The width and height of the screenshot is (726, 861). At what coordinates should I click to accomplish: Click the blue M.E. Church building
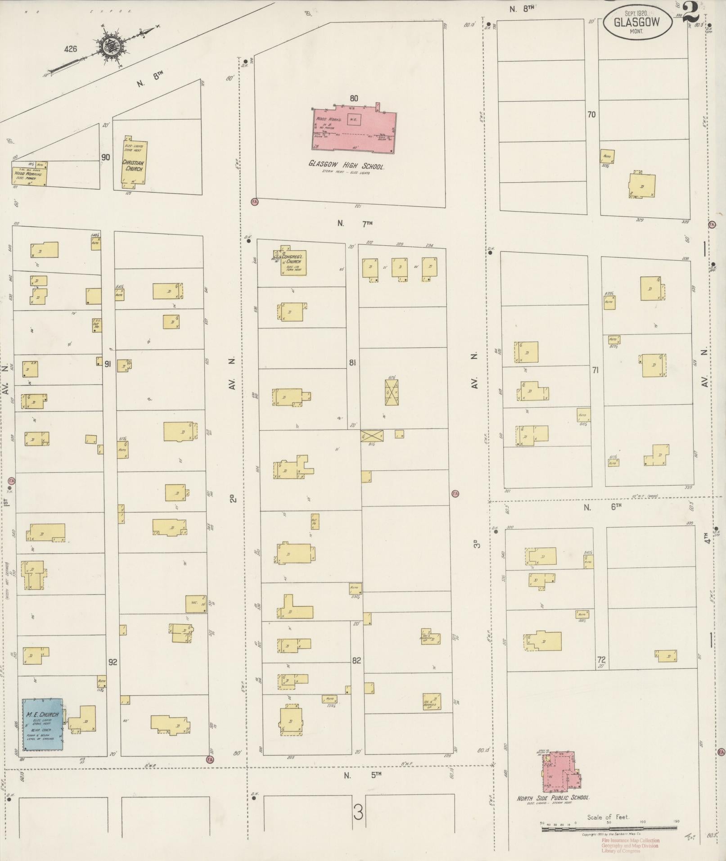43,724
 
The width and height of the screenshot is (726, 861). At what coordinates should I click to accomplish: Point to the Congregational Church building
293,262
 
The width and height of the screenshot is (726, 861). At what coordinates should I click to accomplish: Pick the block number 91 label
108,364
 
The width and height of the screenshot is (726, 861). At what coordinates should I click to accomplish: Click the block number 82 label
356,661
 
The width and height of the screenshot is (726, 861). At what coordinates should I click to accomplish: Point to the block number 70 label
591,115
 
